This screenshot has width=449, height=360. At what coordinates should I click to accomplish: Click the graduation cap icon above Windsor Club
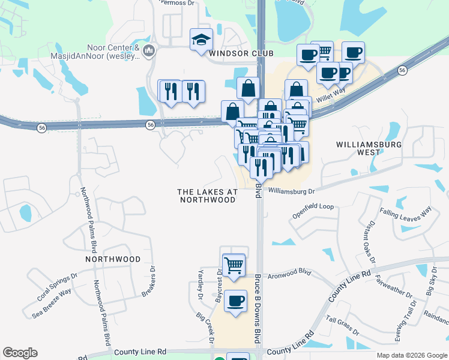tap(202, 40)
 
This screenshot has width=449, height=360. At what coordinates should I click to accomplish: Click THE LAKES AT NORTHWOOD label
tap(207, 196)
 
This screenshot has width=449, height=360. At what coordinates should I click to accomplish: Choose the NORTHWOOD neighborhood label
tap(113, 259)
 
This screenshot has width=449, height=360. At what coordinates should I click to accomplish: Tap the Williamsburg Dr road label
tap(291, 191)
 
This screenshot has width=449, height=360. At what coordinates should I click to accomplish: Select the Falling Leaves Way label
tap(405, 212)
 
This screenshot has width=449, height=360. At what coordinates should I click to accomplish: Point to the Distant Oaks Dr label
tap(367, 245)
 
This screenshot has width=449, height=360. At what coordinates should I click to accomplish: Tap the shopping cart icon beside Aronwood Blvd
tap(234, 264)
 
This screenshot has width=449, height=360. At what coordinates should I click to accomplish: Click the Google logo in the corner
tap(20, 353)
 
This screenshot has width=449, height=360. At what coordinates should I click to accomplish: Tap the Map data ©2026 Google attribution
tap(411, 355)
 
